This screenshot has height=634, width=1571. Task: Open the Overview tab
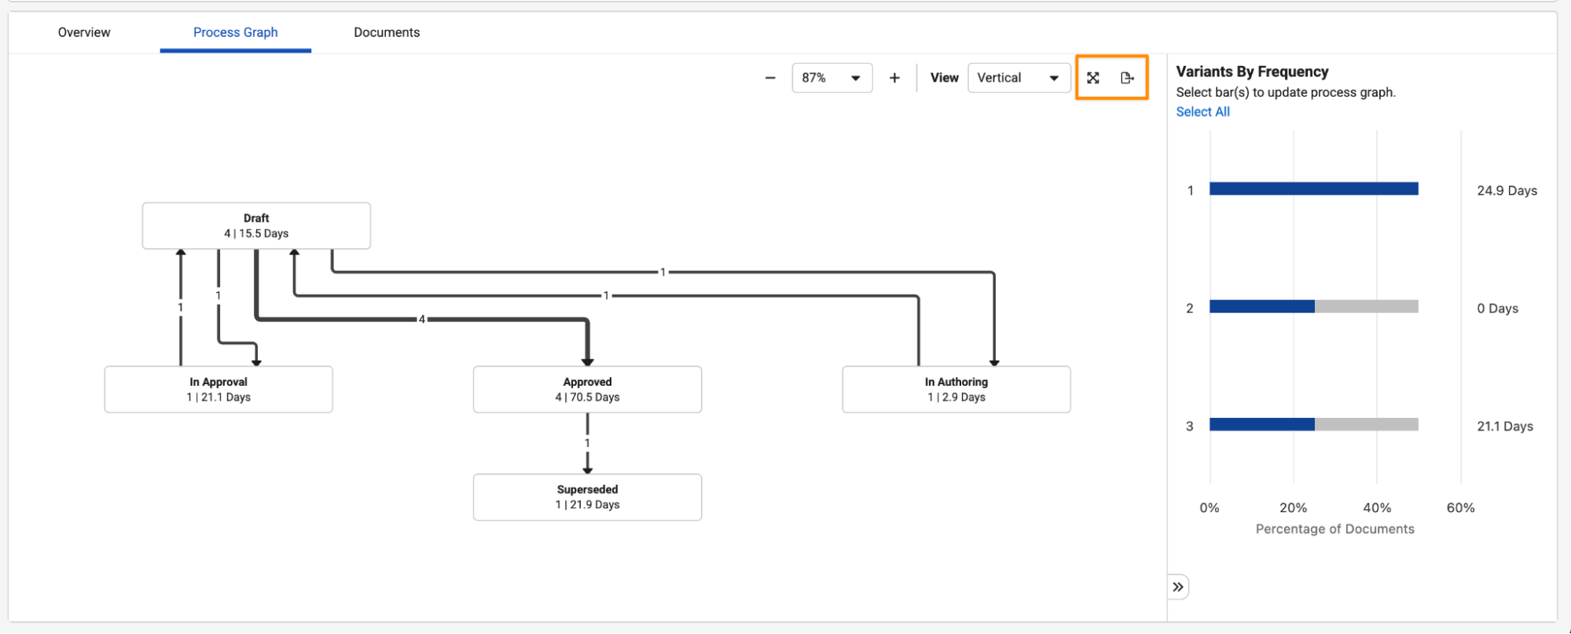[84, 32]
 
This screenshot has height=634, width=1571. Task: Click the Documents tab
[387, 32]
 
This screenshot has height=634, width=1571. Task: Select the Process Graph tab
[236, 32]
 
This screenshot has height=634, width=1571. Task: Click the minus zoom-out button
[770, 78]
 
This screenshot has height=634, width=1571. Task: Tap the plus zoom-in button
[894, 78]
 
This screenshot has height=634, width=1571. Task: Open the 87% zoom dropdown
[832, 78]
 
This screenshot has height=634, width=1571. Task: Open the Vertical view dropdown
[1019, 78]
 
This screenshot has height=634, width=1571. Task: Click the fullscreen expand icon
[1093, 78]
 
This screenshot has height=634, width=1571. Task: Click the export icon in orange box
[1128, 78]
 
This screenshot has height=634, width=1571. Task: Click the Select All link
[1202, 112]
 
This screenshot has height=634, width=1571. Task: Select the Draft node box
[256, 225]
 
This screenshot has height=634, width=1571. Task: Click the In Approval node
[218, 390]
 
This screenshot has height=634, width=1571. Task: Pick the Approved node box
[587, 390]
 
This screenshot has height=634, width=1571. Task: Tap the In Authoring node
[956, 390]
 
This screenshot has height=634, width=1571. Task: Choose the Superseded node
[587, 497]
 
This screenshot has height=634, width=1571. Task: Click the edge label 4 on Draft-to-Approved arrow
[422, 319]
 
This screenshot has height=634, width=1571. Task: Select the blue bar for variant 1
[1314, 189]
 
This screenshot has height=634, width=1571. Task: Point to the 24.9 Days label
[1507, 190]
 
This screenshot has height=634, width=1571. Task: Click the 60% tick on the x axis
[1460, 508]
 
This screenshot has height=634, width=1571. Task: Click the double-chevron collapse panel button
[1177, 587]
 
